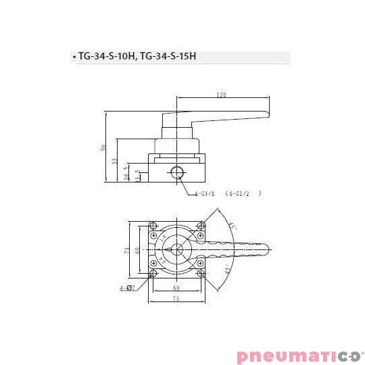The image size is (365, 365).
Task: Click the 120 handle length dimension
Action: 221,95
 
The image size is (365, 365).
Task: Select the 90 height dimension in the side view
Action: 104,148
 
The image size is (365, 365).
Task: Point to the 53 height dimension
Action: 116,161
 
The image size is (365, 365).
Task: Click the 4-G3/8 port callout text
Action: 204,193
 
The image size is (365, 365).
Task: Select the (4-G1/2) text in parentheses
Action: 243,193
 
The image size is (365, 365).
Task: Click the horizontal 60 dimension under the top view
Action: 177,287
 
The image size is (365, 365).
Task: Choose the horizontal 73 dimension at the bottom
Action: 177,298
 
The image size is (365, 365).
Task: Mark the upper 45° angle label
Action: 231,226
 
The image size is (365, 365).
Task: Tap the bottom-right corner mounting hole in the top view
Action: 201,273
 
